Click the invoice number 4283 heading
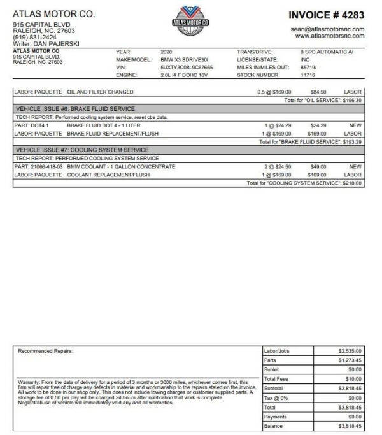point(326,15)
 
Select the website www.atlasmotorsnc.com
point(330,36)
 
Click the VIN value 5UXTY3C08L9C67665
point(187,67)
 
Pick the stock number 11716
point(308,75)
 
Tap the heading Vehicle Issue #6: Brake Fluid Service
point(75,109)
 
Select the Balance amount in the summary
point(350,426)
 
